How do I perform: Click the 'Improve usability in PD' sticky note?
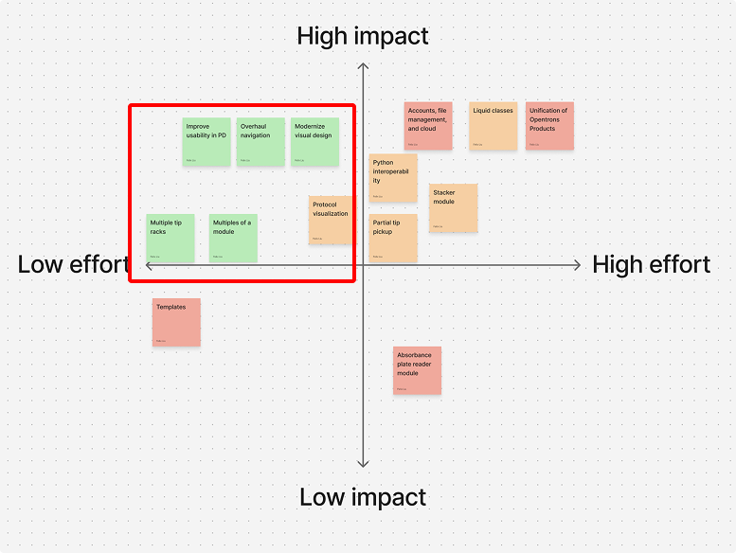(x=206, y=142)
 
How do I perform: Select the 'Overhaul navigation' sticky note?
(x=260, y=142)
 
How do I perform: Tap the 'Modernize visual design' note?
(x=314, y=142)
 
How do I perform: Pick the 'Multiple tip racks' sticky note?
(x=171, y=238)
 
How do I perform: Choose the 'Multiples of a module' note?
(x=233, y=238)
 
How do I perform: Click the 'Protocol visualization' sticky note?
(x=332, y=220)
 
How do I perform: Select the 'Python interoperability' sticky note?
(x=393, y=178)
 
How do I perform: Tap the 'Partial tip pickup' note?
(x=393, y=238)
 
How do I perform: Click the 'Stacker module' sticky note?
(x=453, y=207)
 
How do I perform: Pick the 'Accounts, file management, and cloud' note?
(x=428, y=126)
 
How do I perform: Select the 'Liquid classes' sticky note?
(x=493, y=126)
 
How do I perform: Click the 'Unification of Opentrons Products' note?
(x=549, y=126)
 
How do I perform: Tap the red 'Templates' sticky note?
(x=176, y=322)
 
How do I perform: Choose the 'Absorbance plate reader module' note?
(x=418, y=370)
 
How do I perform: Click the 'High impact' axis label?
(x=363, y=36)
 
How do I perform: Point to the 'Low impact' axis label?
(x=363, y=497)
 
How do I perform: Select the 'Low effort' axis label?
(x=73, y=265)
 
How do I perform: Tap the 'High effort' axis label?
(x=652, y=265)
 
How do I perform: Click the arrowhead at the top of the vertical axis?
(x=363, y=66)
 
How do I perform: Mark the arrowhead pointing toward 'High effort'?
(x=577, y=266)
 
